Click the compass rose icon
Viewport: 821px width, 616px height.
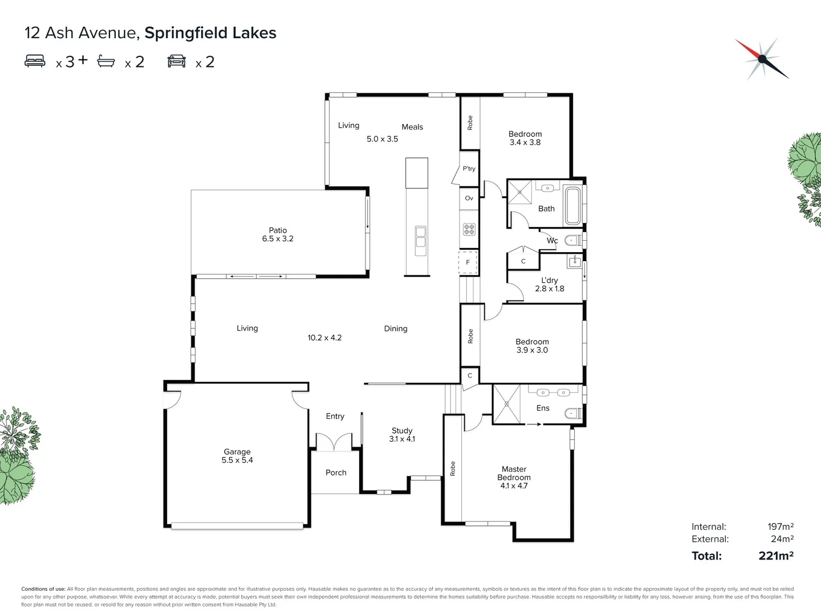point(762,59)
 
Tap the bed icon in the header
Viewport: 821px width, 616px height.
point(35,61)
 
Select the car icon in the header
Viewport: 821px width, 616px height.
point(177,61)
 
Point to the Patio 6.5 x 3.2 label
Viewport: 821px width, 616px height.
point(278,234)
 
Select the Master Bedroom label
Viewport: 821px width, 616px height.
point(514,477)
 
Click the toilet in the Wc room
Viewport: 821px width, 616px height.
point(572,241)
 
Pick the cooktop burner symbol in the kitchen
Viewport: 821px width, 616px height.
point(469,229)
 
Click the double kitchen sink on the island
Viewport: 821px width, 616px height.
point(421,237)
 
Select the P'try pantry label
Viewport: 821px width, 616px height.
point(469,169)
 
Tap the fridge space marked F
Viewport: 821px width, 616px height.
point(468,262)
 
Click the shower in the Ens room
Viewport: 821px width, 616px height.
point(506,404)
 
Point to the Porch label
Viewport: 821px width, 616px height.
point(336,472)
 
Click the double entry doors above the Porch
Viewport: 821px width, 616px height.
point(335,441)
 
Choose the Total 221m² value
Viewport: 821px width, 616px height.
point(775,556)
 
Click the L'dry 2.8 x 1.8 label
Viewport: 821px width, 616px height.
point(550,284)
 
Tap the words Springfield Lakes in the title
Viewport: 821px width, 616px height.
point(210,33)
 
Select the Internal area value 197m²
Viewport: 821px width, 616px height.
point(780,526)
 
